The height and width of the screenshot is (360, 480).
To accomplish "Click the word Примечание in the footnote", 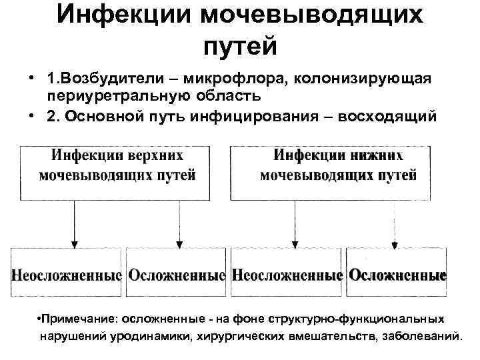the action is tap(72, 319).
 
